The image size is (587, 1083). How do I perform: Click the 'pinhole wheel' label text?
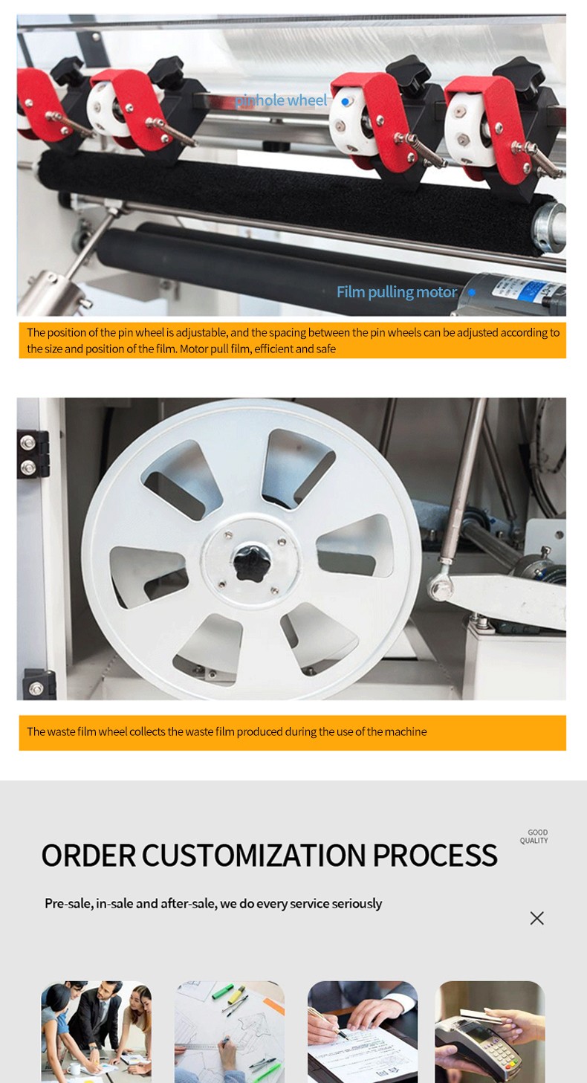[281, 100]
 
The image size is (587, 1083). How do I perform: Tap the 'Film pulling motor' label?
[397, 292]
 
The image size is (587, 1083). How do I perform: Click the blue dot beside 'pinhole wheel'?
[345, 102]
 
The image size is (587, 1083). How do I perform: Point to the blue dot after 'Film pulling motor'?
[472, 292]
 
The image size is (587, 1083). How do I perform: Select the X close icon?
[536, 918]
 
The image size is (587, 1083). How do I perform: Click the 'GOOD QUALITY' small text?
[534, 836]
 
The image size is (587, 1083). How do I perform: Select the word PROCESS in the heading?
[435, 856]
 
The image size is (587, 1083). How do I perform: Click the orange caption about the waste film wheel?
[292, 732]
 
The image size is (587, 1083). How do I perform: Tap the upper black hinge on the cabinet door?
[33, 454]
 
